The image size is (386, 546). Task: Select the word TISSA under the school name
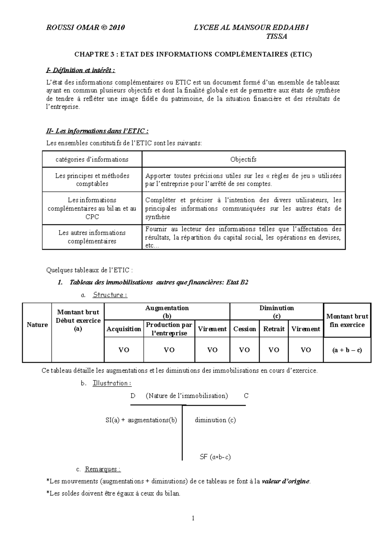point(277,36)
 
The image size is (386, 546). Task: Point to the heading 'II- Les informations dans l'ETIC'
point(97,131)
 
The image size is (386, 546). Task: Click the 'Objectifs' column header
point(243,159)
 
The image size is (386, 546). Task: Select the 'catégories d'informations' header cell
point(92,159)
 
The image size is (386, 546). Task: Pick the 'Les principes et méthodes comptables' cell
point(92,180)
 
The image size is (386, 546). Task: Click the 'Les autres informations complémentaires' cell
point(92,237)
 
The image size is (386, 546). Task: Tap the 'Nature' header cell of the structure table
point(37,325)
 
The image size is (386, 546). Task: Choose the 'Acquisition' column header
point(124,329)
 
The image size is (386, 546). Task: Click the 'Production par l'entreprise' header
point(169,329)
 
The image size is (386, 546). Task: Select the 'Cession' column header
point(244,329)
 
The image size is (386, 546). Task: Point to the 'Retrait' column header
point(274,329)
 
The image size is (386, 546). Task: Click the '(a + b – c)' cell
point(347,350)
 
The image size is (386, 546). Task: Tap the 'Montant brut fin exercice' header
point(347,321)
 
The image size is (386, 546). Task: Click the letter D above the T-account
point(133,396)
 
